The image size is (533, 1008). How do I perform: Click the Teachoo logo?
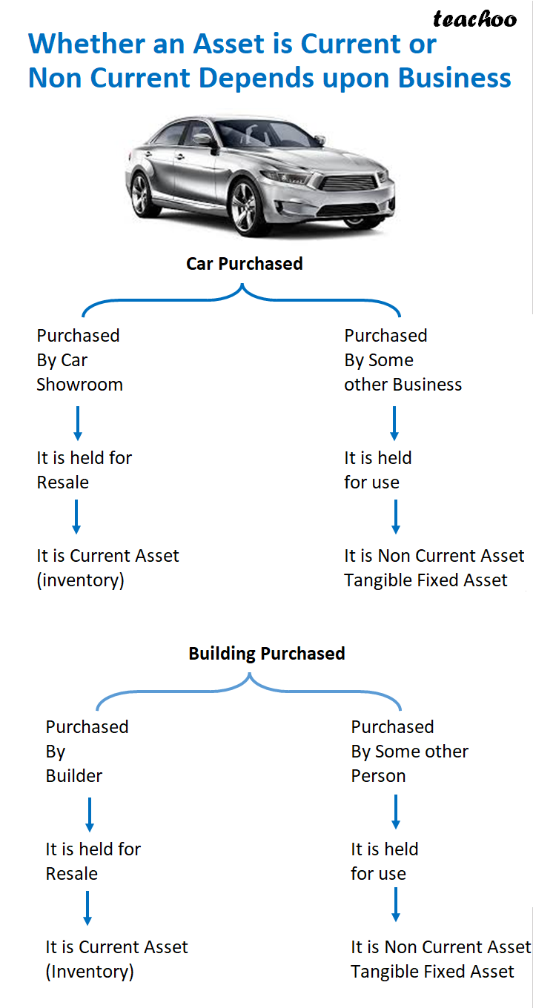pyautogui.click(x=474, y=19)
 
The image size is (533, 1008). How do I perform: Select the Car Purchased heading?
pyautogui.click(x=244, y=264)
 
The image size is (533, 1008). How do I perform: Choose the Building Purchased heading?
pyautogui.click(x=266, y=654)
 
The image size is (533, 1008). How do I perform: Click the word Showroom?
pyautogui.click(x=79, y=385)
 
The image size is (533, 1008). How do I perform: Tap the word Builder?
pyautogui.click(x=74, y=776)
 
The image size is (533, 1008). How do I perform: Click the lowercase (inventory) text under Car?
pyautogui.click(x=80, y=580)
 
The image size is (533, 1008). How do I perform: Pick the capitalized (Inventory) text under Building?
pyautogui.click(x=90, y=972)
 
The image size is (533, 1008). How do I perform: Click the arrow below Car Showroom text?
pyautogui.click(x=77, y=423)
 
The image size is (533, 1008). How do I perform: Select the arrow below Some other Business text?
pyautogui.click(x=394, y=423)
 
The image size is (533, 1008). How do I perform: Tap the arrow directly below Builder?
pyautogui.click(x=90, y=814)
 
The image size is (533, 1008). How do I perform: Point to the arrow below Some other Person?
pyautogui.click(x=396, y=812)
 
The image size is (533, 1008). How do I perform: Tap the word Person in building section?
pyautogui.click(x=378, y=776)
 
